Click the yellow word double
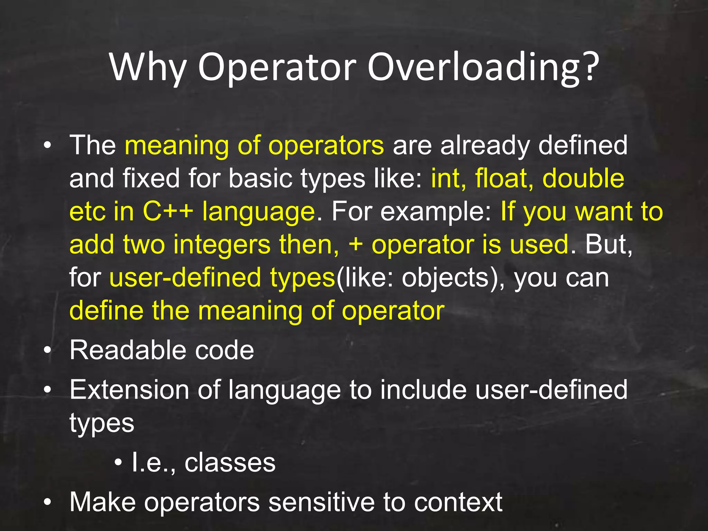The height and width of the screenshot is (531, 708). pos(583,179)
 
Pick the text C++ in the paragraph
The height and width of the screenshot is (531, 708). pos(168,212)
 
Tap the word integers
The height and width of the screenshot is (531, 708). pos(222,245)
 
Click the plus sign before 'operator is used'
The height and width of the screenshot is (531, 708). pos(356,245)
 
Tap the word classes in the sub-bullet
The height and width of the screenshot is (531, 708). pos(230,463)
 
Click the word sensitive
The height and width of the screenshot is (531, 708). pos(322,502)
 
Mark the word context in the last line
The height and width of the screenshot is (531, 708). pos(458,502)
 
